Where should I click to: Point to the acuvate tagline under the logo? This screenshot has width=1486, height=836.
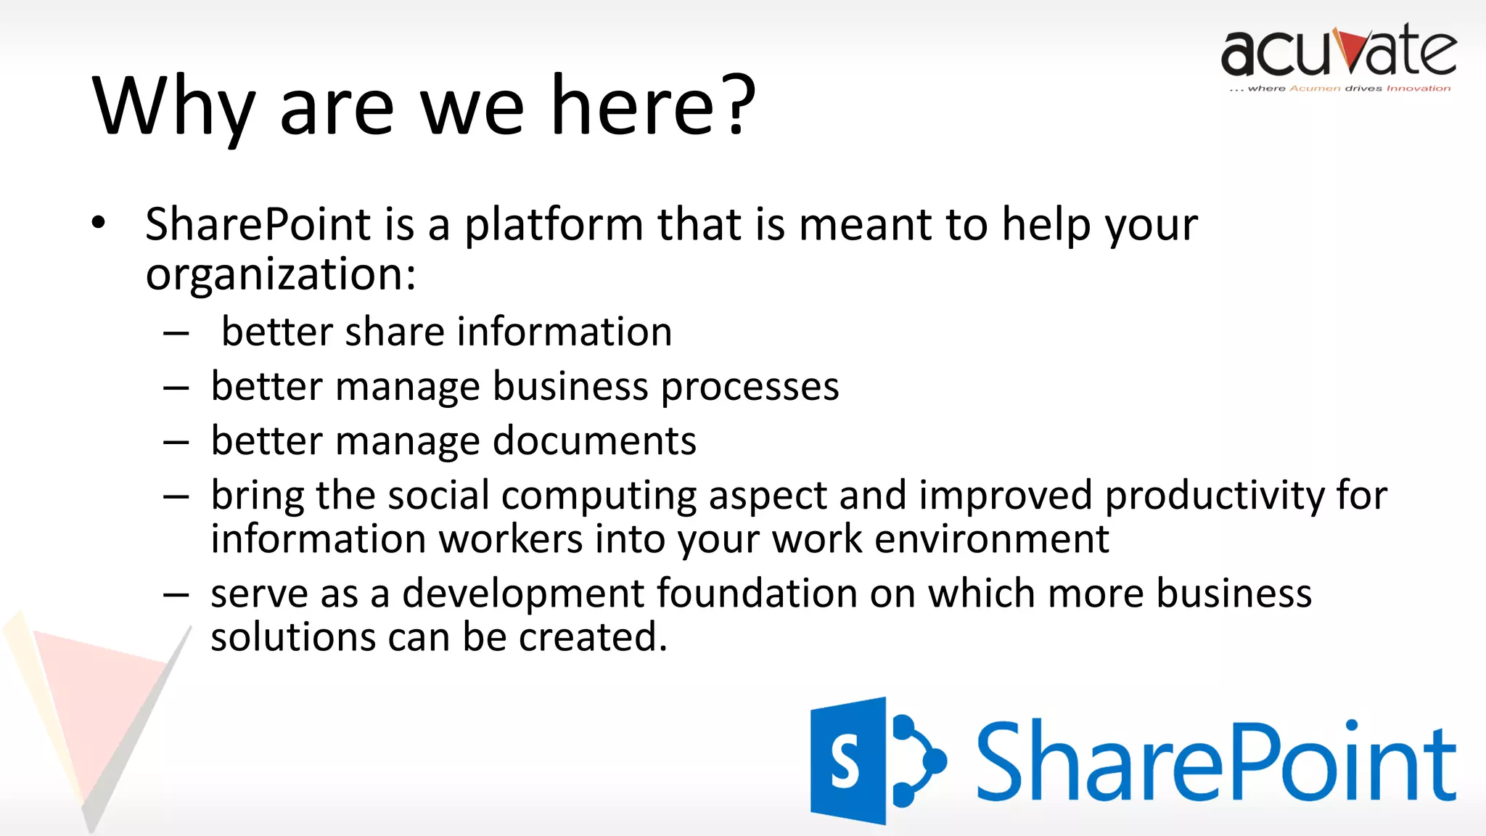pyautogui.click(x=1339, y=89)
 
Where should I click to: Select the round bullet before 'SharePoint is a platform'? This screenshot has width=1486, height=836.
pyautogui.click(x=99, y=223)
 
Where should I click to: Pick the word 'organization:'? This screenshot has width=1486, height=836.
pyautogui.click(x=281, y=276)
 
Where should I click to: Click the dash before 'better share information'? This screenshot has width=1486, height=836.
pyautogui.click(x=176, y=334)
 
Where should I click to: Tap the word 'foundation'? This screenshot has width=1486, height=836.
pyautogui.click(x=757, y=594)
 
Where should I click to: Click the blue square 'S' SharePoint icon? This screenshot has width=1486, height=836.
pyautogui.click(x=847, y=761)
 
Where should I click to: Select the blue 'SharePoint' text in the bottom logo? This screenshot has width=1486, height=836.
pyautogui.click(x=1216, y=762)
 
